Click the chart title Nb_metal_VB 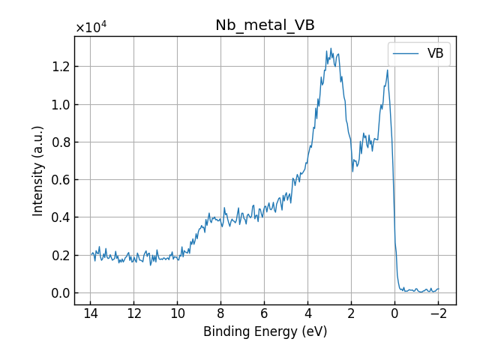[265, 25]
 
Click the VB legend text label [435, 53]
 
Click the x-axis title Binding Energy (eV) [265, 331]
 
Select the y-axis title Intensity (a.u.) [38, 170]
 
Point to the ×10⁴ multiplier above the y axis [91, 28]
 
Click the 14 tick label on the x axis [91, 313]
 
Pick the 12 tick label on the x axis [133, 313]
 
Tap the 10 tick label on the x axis [177, 313]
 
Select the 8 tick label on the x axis [220, 313]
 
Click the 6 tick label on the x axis [264, 313]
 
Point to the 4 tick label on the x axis [307, 313]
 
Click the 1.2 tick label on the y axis [60, 67]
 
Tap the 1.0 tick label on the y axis [60, 104]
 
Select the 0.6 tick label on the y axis [60, 180]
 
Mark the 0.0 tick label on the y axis [60, 293]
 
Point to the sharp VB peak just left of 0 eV [388, 70]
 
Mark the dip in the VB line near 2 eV [352, 171]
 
